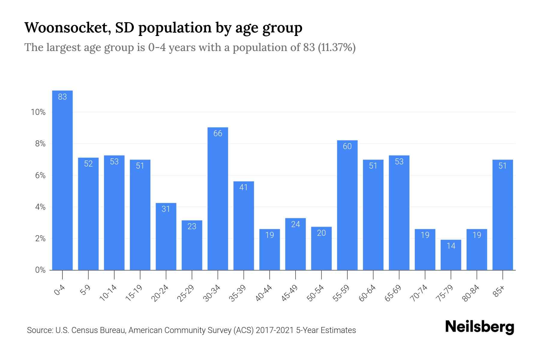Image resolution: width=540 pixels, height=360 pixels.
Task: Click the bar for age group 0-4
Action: tap(62, 180)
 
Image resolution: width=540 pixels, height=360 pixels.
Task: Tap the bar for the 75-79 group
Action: tap(451, 255)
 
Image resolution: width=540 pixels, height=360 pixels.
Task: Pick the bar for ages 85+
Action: tap(502, 215)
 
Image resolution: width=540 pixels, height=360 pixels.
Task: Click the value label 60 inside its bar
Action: tap(347, 146)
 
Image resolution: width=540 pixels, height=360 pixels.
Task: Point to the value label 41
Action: tap(244, 187)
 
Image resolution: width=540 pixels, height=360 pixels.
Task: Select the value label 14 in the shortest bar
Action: tap(451, 246)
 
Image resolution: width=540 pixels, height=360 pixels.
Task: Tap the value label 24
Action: tap(295, 224)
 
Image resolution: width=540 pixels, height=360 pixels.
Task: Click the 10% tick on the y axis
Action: tap(38, 112)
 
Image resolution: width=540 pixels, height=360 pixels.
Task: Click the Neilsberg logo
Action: tap(479, 327)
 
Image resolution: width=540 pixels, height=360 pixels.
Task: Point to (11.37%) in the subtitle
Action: tap(337, 47)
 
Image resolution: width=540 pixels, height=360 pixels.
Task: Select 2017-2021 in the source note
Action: tap(275, 330)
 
